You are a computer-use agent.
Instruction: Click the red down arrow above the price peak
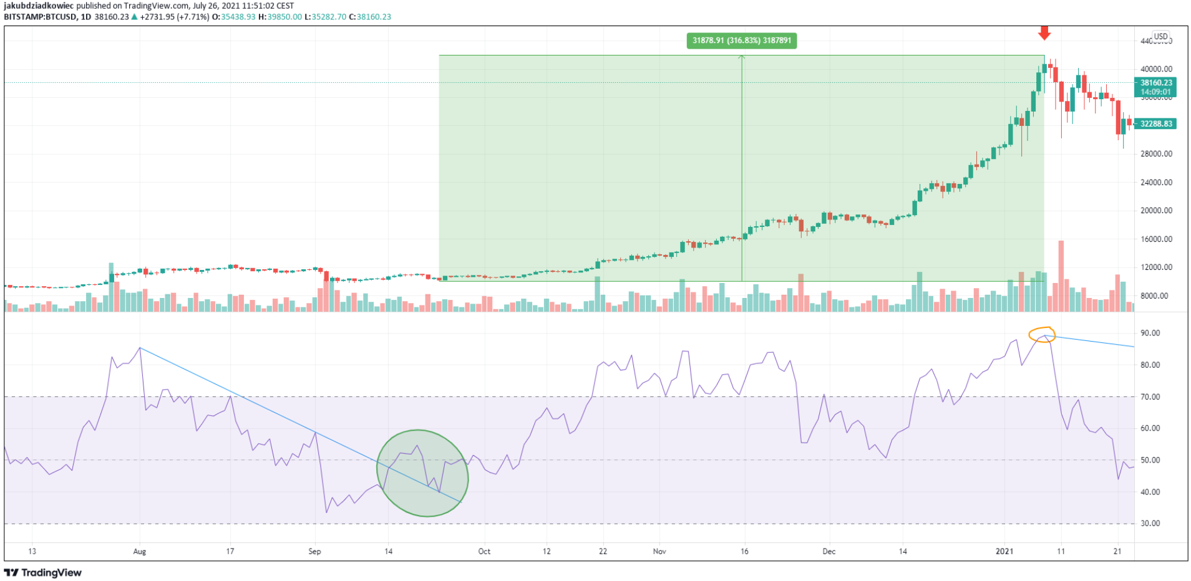[x=1044, y=33]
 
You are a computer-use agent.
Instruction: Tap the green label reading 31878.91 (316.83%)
[x=741, y=41]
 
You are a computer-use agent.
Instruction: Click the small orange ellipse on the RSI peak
[x=1042, y=335]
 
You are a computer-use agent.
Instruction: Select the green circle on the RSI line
[x=422, y=473]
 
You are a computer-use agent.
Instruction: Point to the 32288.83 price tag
[x=1155, y=123]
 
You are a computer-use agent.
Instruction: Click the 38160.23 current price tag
[x=1155, y=83]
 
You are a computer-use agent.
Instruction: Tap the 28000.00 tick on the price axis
[x=1156, y=154]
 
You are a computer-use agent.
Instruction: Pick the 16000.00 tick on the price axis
[x=1156, y=239]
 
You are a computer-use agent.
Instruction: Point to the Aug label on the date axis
[x=139, y=552]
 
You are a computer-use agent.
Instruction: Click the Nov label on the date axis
[x=659, y=552]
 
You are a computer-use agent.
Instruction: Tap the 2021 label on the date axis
[x=1004, y=552]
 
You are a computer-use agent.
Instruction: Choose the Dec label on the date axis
[x=829, y=552]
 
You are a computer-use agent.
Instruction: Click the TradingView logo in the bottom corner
[x=43, y=572]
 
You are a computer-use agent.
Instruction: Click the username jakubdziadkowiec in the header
[x=39, y=6]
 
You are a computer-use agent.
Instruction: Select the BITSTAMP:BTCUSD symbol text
[x=40, y=17]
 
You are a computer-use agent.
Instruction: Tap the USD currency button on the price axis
[x=1160, y=37]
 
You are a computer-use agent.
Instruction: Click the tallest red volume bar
[x=1061, y=276]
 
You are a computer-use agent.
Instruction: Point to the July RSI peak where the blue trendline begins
[x=140, y=348]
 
